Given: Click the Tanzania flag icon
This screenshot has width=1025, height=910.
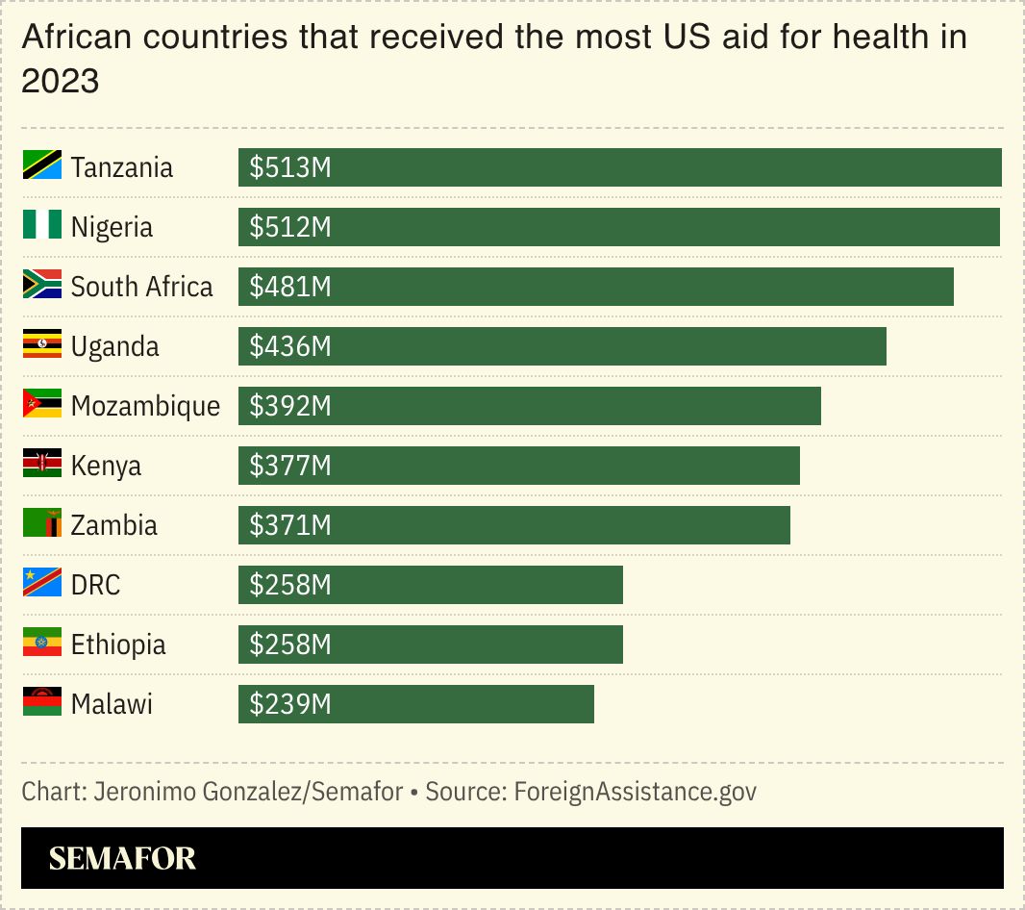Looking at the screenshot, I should [42, 166].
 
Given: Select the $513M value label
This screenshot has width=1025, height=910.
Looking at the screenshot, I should [290, 167].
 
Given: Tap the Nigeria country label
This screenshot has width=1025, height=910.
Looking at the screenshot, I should [112, 227].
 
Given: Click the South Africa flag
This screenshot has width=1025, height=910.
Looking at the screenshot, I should [42, 286].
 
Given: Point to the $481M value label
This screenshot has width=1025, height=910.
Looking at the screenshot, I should [290, 287].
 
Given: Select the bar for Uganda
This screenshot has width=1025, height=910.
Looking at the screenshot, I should [562, 346].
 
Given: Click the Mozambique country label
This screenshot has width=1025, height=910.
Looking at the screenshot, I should [145, 406].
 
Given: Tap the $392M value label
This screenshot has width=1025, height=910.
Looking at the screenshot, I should [290, 406].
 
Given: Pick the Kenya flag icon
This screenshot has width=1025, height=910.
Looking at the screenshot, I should [42, 465].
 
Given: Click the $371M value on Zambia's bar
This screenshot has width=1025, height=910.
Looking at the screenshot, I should [290, 525].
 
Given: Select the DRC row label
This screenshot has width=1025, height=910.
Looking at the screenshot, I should [96, 585].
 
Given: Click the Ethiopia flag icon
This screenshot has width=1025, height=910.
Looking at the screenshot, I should [42, 644].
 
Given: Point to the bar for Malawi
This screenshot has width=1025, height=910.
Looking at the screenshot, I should [415, 704].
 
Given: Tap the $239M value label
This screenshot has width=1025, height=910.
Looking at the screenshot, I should [290, 704].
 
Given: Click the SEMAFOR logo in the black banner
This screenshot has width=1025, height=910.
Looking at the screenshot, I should [122, 858].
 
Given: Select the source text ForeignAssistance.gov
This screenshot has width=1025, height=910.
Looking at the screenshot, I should [635, 792].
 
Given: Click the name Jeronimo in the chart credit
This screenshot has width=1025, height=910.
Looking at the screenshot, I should [143, 792].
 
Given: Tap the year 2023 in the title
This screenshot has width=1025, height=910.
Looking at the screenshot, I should [60, 82].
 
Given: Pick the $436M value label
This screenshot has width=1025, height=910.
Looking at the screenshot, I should [290, 346].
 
